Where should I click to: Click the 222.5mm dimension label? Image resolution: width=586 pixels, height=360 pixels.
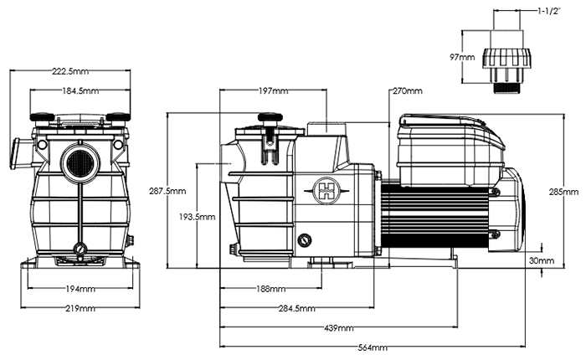click(x=79, y=72)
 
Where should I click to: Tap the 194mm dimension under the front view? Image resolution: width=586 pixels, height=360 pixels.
click(x=80, y=289)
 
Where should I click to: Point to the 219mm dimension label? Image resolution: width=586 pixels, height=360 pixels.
click(x=80, y=309)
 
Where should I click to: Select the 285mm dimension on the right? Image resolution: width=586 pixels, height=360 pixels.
click(x=564, y=192)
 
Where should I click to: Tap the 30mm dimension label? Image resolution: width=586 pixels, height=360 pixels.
click(x=542, y=261)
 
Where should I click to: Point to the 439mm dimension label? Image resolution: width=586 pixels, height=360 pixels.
click(x=338, y=327)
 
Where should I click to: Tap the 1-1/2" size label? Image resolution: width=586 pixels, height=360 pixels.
click(x=549, y=13)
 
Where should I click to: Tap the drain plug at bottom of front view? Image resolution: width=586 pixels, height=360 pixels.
click(x=80, y=249)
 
